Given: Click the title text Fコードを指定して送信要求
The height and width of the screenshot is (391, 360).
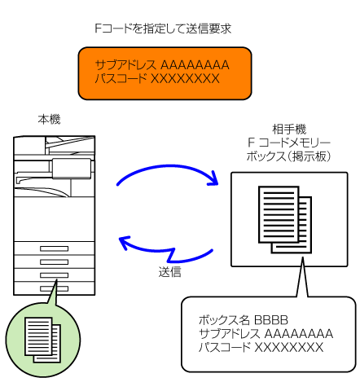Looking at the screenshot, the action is click(163, 29).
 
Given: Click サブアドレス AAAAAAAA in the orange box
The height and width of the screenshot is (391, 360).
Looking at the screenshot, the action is click(162, 65).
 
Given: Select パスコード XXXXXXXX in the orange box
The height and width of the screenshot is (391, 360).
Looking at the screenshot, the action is click(157, 78).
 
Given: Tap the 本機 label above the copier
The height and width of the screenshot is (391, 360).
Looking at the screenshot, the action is click(49, 120).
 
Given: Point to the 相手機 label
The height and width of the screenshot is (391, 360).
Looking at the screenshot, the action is click(289, 130).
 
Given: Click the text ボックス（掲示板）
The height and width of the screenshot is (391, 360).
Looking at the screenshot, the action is click(288, 156).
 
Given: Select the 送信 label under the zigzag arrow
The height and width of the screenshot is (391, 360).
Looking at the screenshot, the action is click(169, 272).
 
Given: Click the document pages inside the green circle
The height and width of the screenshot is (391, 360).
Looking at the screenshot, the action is click(42, 340).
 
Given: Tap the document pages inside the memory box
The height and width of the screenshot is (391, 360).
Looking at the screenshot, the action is click(285, 219).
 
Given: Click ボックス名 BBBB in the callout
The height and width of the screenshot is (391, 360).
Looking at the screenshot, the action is click(244, 320).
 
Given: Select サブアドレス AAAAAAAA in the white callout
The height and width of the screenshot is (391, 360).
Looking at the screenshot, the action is click(266, 334).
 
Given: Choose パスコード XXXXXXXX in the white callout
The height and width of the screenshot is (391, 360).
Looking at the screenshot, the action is click(261, 347).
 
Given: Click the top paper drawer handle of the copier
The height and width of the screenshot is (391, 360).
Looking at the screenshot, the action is click(54, 248).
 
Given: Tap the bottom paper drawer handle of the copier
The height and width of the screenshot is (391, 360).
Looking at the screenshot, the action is click(54, 288).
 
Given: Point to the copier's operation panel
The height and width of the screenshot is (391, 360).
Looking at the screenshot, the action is click(72, 169).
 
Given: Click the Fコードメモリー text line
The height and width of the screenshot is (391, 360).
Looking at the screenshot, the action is click(289, 143).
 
